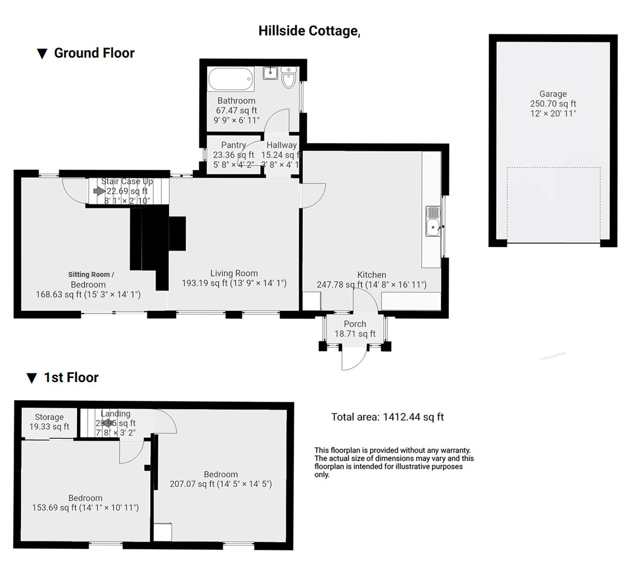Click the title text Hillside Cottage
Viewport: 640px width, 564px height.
pos(309,31)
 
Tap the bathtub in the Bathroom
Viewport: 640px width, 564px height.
pos(231,79)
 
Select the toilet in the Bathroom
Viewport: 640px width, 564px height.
pos(289,78)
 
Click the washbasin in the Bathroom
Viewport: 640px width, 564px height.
pos(270,73)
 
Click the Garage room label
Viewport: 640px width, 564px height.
pos(553,94)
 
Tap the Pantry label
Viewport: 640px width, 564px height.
pos(233,145)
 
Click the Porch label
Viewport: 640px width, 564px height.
pos(355,324)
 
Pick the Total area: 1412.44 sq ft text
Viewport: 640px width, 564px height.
pos(387,417)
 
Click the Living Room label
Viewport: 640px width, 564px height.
pos(234,273)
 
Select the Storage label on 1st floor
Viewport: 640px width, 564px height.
pos(49,417)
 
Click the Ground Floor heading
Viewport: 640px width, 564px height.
pos(94,53)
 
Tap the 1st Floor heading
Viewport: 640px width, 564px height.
pos(71,378)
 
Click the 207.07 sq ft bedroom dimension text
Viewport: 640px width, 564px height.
pos(220,484)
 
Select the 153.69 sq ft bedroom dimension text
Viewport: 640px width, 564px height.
pos(85,508)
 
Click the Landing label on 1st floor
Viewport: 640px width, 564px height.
pos(115,413)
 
